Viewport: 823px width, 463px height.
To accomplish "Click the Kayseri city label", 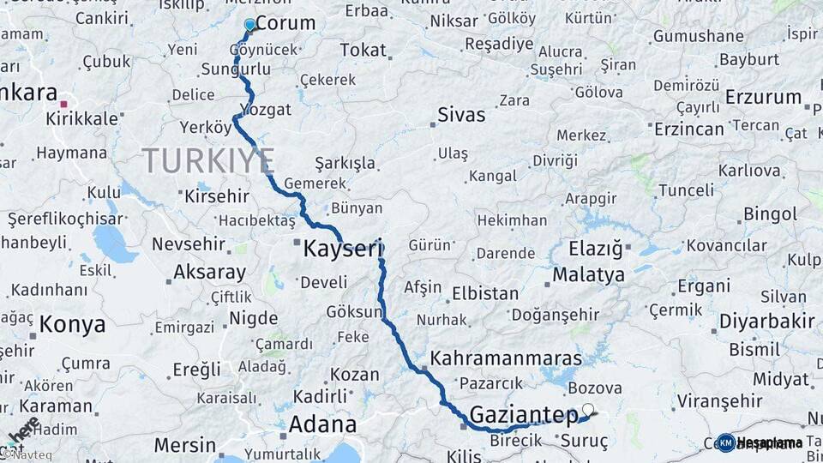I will pos(341,250).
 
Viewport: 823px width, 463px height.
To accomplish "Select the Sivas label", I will pos(461,115).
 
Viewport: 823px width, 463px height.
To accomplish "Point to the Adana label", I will pos(322,424).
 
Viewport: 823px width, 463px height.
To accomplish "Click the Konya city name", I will pos(73,324).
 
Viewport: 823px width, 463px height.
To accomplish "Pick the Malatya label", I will pos(588,275).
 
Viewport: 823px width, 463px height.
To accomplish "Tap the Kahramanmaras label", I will pos(507,358).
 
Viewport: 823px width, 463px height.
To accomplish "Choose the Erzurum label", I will pos(763,98).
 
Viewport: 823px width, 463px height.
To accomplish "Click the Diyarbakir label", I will pos(766,322).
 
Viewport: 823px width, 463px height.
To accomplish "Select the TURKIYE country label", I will pos(208,160).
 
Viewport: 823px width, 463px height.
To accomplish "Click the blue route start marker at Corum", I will pos(249,25).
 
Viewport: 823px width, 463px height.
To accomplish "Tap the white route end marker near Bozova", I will pos(588,409).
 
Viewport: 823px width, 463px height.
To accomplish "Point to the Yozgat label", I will pos(266,110).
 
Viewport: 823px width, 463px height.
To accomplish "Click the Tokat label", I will pos(363,51).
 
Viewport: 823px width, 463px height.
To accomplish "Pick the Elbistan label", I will pos(485,293).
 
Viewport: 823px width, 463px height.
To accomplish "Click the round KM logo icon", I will pos(725,442).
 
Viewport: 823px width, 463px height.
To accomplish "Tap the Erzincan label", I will pos(688,129).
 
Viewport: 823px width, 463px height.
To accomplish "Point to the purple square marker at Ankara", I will pos(63,104).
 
